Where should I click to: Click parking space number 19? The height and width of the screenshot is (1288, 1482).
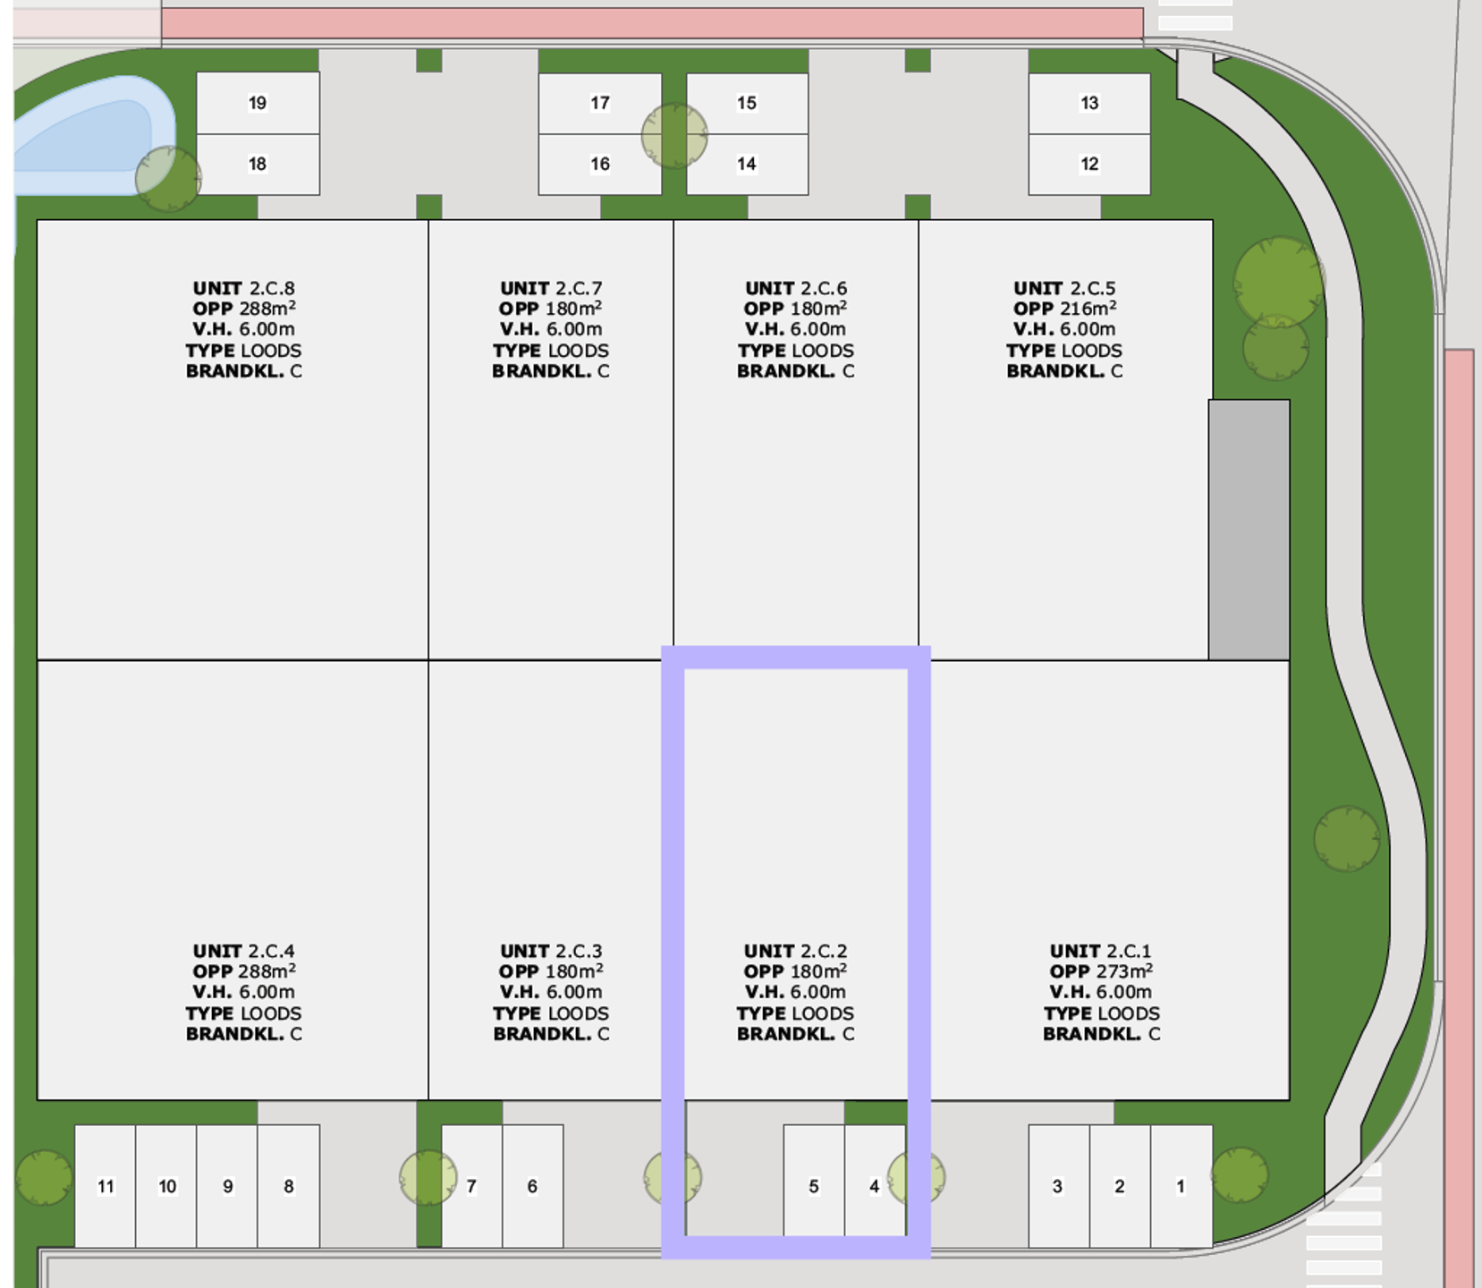(258, 103)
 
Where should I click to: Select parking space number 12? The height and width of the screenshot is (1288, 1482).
(1089, 165)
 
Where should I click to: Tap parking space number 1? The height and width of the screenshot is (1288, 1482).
(1181, 1186)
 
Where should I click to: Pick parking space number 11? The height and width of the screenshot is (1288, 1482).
(106, 1186)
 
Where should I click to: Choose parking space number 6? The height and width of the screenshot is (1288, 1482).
(533, 1186)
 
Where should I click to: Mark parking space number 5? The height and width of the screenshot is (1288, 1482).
(814, 1186)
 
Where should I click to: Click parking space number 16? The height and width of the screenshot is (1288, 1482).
(600, 165)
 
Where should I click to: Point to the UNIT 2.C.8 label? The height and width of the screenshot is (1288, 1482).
(243, 288)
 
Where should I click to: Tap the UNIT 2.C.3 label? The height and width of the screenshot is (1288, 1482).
(551, 951)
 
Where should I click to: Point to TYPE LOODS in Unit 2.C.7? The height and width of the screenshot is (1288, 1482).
(551, 351)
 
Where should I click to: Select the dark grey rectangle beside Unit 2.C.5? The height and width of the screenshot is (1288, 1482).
(1249, 530)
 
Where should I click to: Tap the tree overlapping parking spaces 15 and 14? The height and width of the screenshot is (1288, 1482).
(674, 136)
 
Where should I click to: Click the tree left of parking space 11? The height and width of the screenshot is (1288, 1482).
(43, 1177)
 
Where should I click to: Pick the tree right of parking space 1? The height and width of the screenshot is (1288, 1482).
(1240, 1175)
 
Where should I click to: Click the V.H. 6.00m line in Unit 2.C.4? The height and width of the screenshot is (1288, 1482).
(243, 992)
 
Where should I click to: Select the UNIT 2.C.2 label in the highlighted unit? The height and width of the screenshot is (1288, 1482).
(796, 951)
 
